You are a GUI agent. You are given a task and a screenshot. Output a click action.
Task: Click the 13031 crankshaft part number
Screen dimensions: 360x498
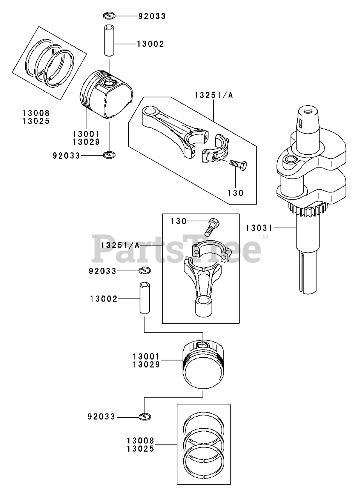[259, 228]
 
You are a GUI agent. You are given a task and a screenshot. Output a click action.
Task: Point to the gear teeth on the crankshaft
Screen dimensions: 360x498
[307, 210]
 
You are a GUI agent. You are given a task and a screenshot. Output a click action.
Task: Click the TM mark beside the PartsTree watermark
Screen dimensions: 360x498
[264, 237]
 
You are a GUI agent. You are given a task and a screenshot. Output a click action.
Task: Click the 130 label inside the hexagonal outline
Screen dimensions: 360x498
[236, 193]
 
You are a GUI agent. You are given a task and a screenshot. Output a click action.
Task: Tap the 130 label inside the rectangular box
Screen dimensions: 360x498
[179, 221]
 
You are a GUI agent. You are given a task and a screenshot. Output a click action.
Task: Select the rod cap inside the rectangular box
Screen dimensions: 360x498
[211, 251]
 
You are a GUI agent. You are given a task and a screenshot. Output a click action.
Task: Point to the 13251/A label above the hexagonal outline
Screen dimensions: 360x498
[214, 95]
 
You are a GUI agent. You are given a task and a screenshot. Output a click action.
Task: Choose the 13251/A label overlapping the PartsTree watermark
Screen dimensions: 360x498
[121, 245]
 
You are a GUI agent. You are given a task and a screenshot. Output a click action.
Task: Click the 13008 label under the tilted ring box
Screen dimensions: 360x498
[36, 113]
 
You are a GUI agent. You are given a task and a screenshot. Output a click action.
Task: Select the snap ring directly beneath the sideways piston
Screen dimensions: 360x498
[109, 155]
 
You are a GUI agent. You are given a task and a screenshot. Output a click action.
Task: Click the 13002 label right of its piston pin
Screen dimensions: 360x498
[151, 44]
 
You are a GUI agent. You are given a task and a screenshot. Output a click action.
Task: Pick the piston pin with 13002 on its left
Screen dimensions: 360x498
[145, 298]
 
